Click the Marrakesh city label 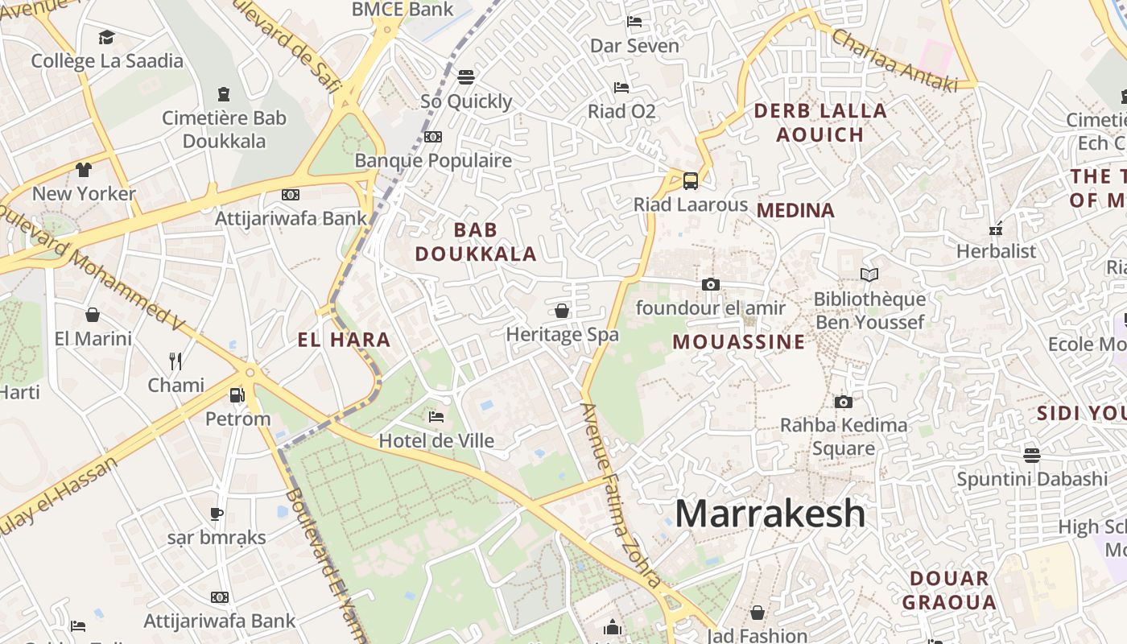pos(770,513)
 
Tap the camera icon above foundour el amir pos(710,284)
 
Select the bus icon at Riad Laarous pos(690,180)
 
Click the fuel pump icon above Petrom pos(237,394)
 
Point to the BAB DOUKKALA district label pos(475,242)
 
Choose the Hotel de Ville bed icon pos(436,417)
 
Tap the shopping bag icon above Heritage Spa pos(562,311)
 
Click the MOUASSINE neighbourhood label pos(738,342)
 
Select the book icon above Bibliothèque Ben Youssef pos(869,275)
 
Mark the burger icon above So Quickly pos(466,77)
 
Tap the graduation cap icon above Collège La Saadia pos(107,37)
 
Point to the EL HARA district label pos(344,340)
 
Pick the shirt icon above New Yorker pos(84,170)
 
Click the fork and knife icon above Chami pos(175,361)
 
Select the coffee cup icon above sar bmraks pos(216,514)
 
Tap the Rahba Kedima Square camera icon pos(843,402)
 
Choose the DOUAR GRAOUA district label pos(949,590)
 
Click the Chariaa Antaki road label pos(894,60)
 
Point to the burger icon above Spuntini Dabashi pos(1032,455)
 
